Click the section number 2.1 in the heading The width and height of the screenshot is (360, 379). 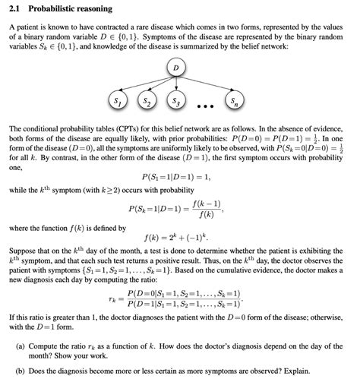click(x=14, y=9)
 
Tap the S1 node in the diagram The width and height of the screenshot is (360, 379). click(x=115, y=101)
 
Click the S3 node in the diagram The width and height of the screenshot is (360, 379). click(x=175, y=101)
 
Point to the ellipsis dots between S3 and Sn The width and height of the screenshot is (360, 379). click(x=205, y=103)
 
